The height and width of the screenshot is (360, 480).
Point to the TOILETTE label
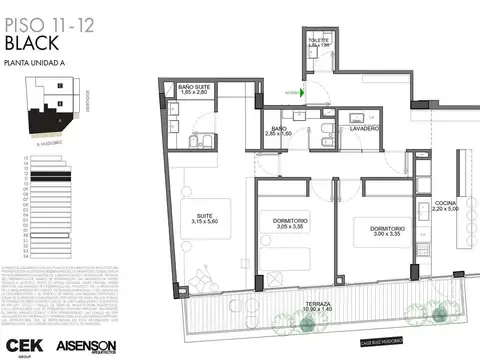319,42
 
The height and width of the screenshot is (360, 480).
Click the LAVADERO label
364,128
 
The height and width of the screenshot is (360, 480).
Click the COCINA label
445,207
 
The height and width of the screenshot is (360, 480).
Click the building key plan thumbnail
49,111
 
